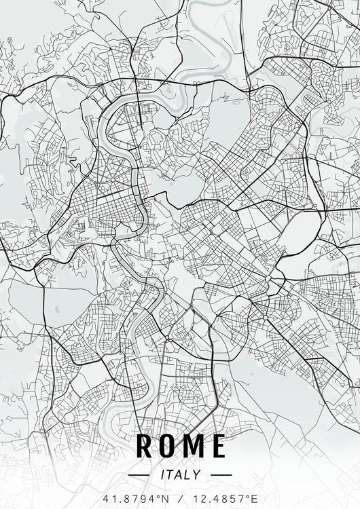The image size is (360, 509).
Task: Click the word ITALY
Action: pyautogui.click(x=180, y=475)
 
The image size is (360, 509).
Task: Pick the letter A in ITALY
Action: pyautogui.click(x=179, y=475)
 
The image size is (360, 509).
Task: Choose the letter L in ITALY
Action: pyautogui.click(x=188, y=475)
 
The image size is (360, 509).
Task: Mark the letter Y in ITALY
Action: pyautogui.click(x=197, y=475)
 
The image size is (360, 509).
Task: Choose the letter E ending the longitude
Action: pyautogui.click(x=255, y=499)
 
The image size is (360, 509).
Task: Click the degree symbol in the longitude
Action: pyautogui.click(x=248, y=496)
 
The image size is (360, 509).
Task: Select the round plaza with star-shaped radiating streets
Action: pyautogui.click(x=268, y=278)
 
